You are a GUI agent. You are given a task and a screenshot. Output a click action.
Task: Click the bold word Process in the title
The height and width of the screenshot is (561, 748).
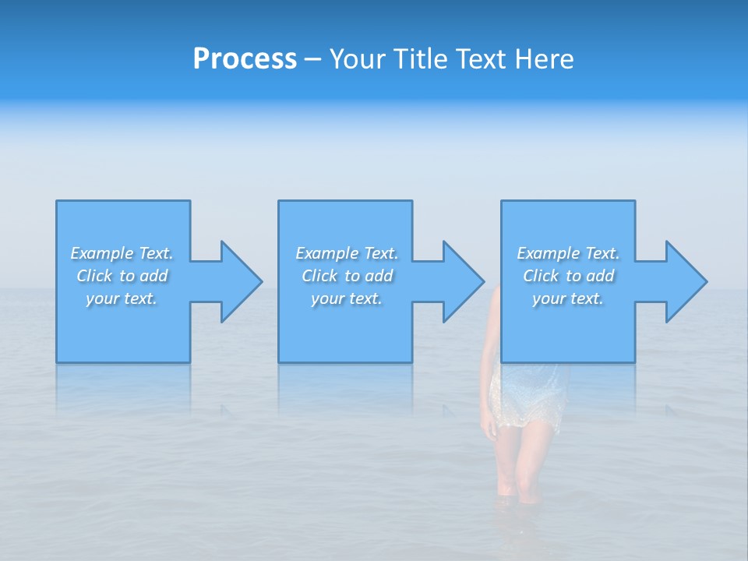pos(245,59)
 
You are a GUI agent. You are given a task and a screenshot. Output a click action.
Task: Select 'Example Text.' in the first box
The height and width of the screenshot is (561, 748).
pos(122,253)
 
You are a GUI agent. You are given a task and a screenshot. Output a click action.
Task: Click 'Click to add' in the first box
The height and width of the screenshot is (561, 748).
pos(122,276)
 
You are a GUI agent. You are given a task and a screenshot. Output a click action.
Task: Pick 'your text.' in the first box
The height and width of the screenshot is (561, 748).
pos(122,298)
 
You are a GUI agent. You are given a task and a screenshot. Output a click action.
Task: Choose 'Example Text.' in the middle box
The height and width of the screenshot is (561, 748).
pos(347,253)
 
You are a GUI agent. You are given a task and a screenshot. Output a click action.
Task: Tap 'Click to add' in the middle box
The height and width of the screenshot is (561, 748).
pos(347,276)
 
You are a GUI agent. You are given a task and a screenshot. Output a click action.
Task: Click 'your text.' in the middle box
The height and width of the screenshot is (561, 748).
pos(347,298)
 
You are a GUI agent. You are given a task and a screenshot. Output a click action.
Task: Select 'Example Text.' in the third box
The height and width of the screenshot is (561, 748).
pos(568,253)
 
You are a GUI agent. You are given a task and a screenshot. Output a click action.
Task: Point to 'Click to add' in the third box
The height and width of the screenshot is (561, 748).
pos(568,276)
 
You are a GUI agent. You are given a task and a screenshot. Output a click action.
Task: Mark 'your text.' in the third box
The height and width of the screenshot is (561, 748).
pos(568,298)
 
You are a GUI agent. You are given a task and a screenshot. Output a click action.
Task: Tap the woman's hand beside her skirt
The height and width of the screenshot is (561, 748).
pos(489,428)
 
